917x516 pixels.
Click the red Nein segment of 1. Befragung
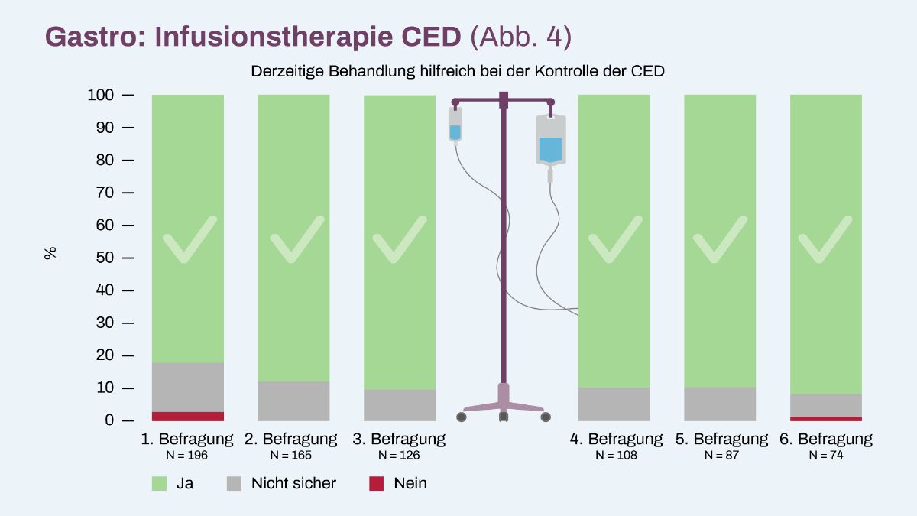click(188, 416)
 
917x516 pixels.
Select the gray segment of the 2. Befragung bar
click(294, 401)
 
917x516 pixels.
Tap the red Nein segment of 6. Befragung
click(826, 419)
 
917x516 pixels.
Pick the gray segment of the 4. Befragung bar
click(614, 404)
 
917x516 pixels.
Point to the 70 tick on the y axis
click(128, 193)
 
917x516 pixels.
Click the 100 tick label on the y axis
click(101, 95)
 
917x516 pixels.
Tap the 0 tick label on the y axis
click(109, 420)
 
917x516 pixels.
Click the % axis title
click(50, 253)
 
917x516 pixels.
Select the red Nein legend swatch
click(376, 483)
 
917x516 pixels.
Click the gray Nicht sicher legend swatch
click(234, 483)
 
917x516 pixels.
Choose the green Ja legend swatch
click(159, 483)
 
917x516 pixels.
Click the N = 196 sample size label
click(187, 455)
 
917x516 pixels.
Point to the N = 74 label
click(826, 455)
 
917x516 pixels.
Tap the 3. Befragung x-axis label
click(399, 439)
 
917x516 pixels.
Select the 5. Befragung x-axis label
click(721, 439)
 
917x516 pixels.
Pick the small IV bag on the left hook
click(455, 125)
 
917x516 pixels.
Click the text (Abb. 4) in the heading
click(520, 37)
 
